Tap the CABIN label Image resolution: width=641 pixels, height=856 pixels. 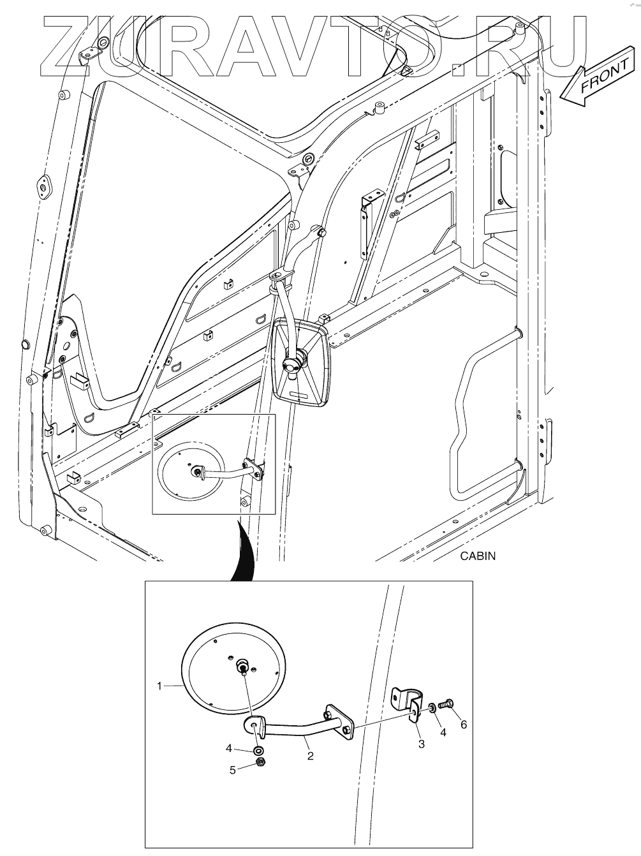click(x=477, y=556)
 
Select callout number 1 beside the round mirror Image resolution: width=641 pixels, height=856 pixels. click(x=159, y=686)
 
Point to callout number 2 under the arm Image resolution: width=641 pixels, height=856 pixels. click(x=310, y=756)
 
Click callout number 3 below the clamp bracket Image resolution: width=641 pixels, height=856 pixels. click(x=421, y=744)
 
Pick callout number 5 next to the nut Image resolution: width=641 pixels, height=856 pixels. click(x=232, y=769)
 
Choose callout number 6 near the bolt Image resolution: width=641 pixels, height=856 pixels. click(x=464, y=725)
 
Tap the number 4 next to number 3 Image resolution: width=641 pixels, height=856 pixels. click(x=443, y=732)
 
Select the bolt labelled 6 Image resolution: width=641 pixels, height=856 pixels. click(x=446, y=704)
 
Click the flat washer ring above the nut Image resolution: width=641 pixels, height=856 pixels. click(x=259, y=750)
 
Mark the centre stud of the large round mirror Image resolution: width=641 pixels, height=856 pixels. click(x=243, y=667)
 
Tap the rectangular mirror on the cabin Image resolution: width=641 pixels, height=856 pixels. click(x=301, y=363)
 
